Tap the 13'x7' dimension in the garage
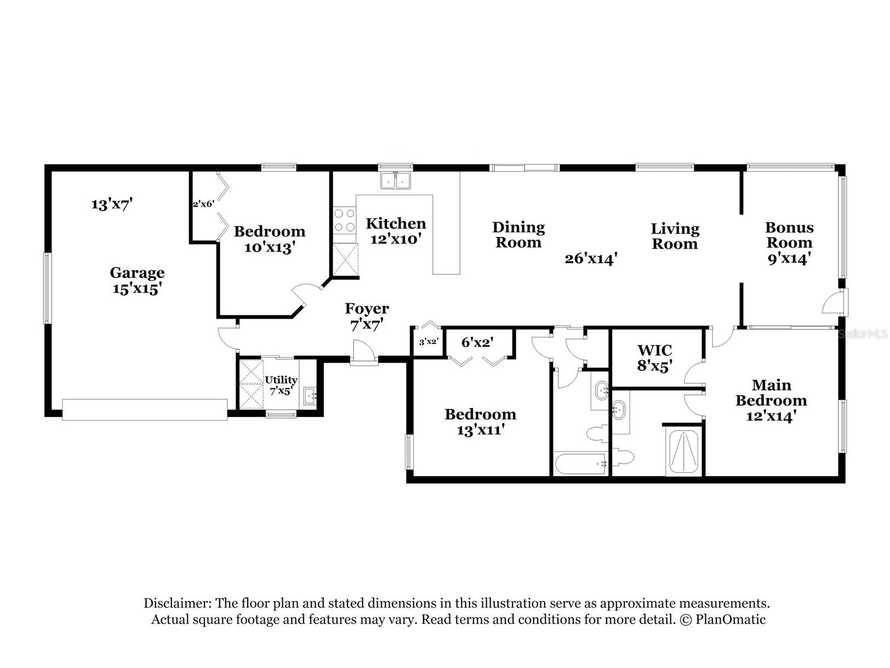112,205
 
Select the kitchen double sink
396,180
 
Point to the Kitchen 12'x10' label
396,231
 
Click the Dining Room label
518,235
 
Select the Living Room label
675,236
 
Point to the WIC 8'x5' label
654,358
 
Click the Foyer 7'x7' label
367,316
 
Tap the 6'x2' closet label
477,343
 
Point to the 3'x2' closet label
428,342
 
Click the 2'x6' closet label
202,204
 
